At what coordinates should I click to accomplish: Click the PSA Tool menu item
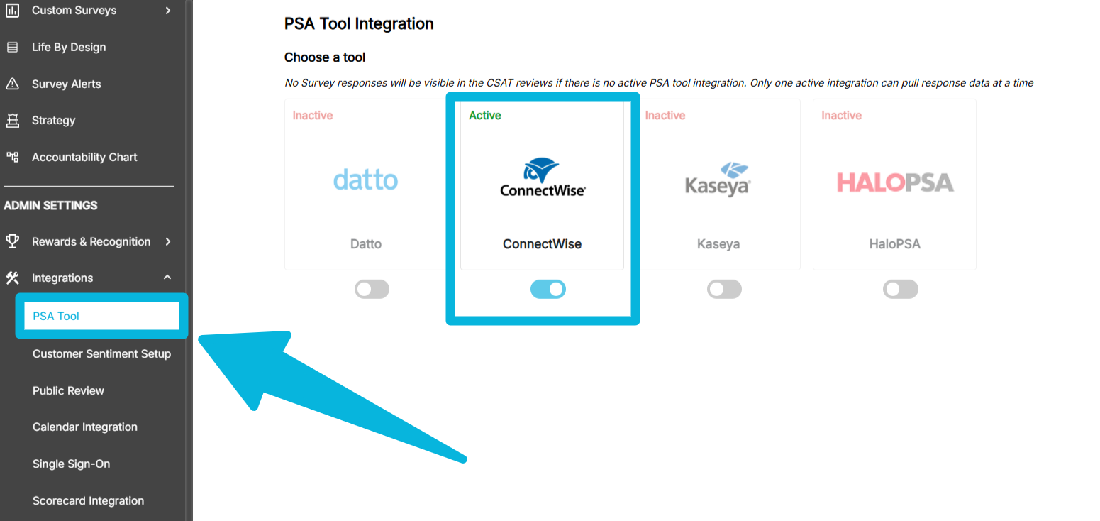(x=56, y=316)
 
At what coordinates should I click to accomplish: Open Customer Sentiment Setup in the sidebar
(x=101, y=353)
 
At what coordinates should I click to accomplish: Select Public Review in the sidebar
(x=68, y=390)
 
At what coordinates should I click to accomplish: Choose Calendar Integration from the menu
(x=85, y=427)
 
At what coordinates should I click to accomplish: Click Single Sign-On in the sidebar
(x=71, y=464)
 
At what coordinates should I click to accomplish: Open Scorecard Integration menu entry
(x=88, y=500)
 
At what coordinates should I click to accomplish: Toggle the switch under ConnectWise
(x=548, y=289)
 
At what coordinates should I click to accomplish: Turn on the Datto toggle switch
(x=372, y=289)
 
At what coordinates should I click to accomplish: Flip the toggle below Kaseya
(x=724, y=289)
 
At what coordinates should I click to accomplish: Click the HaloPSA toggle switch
(x=900, y=289)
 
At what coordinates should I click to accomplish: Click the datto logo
(x=366, y=179)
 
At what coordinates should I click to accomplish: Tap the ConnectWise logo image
(x=543, y=177)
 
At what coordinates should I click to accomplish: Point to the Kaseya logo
(x=718, y=179)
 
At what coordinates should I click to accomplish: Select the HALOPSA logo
(x=895, y=182)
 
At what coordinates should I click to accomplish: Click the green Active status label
(x=485, y=115)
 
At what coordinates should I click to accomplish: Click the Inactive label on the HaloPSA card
(x=841, y=115)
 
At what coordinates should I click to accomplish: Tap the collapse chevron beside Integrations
(x=167, y=278)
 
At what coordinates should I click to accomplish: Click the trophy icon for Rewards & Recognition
(x=12, y=241)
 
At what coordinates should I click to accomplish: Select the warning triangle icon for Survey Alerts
(x=12, y=84)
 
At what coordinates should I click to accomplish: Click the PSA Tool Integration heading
(x=359, y=23)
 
